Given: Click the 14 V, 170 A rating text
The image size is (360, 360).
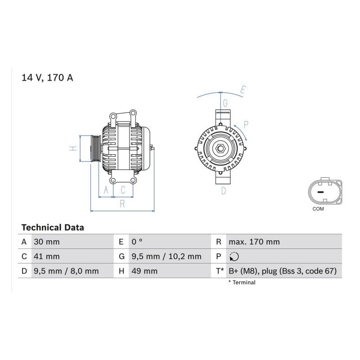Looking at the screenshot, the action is (x=47, y=77).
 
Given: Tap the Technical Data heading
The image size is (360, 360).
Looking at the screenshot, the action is (x=53, y=228).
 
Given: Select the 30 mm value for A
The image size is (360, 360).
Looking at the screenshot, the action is (x=47, y=242).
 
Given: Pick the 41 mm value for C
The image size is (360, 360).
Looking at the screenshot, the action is (x=47, y=256).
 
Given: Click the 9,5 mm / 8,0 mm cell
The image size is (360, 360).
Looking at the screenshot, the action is (x=66, y=271).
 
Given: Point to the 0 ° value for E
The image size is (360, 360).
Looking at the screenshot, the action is (x=137, y=242).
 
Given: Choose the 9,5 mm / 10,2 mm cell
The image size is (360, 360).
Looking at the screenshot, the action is (x=166, y=256).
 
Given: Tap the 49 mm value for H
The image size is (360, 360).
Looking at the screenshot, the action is (x=144, y=271).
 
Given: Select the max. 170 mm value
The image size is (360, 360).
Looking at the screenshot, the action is (x=254, y=242).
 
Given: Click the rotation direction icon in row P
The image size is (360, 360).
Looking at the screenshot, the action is (x=234, y=256).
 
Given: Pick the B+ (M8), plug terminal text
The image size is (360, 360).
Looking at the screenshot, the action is (x=283, y=271).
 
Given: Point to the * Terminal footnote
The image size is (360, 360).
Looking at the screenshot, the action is (x=242, y=283).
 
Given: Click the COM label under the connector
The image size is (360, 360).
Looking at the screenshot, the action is (x=318, y=209).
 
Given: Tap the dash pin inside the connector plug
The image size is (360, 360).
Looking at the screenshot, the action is (x=320, y=192).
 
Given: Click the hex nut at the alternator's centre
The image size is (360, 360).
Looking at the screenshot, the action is (x=220, y=148).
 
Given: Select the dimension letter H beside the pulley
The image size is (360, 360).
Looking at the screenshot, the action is (x=73, y=148).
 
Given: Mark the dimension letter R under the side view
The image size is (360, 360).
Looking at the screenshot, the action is (x=122, y=204).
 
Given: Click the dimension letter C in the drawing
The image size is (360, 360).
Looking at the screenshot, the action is (x=123, y=190).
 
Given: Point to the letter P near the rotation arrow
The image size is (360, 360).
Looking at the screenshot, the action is (x=246, y=125).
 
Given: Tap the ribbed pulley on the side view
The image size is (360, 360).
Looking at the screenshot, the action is (x=96, y=149).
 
